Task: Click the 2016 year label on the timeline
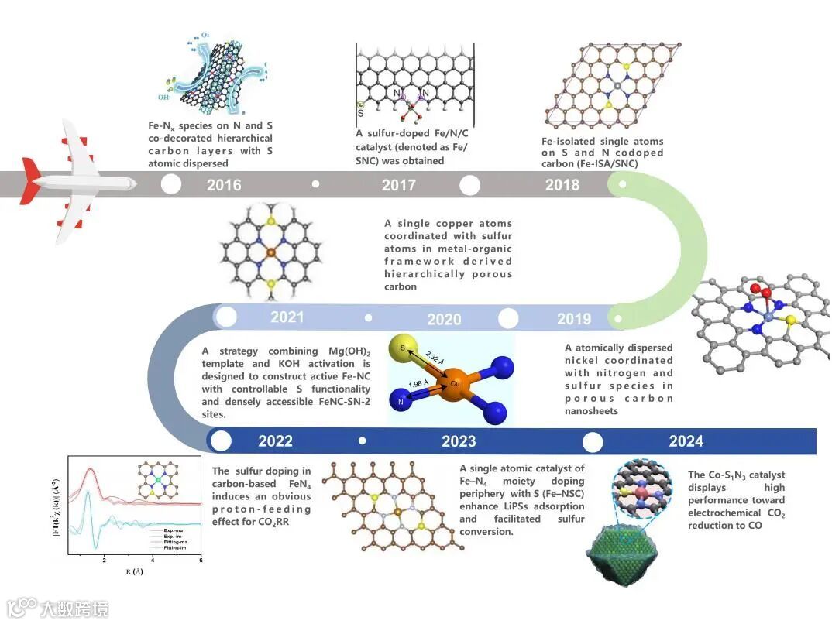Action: coord(224,185)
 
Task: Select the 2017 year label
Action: coord(398,185)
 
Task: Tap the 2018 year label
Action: coord(562,185)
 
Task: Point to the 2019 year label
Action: coord(574,319)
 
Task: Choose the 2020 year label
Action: coord(444,319)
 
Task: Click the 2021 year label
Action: coord(287,317)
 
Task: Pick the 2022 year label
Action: coord(276,441)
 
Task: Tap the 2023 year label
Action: coord(459,441)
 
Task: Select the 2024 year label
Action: coord(686,441)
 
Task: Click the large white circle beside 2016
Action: coord(171,184)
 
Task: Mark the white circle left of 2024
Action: coord(593,442)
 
